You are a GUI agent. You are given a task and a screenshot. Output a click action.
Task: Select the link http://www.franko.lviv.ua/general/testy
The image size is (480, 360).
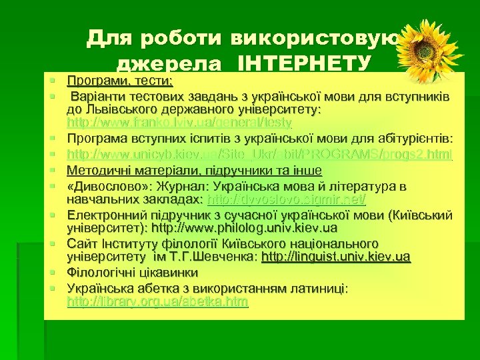[x=179, y=123]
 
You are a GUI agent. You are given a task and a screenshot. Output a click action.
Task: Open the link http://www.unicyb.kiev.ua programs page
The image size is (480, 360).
[x=260, y=155]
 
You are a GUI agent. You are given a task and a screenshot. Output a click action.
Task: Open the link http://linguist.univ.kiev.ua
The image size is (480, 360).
[x=336, y=257]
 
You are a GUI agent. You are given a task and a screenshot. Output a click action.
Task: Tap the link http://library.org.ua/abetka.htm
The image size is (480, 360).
[x=157, y=303]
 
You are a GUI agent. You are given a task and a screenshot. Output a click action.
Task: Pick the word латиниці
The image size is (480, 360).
[x=319, y=288]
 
